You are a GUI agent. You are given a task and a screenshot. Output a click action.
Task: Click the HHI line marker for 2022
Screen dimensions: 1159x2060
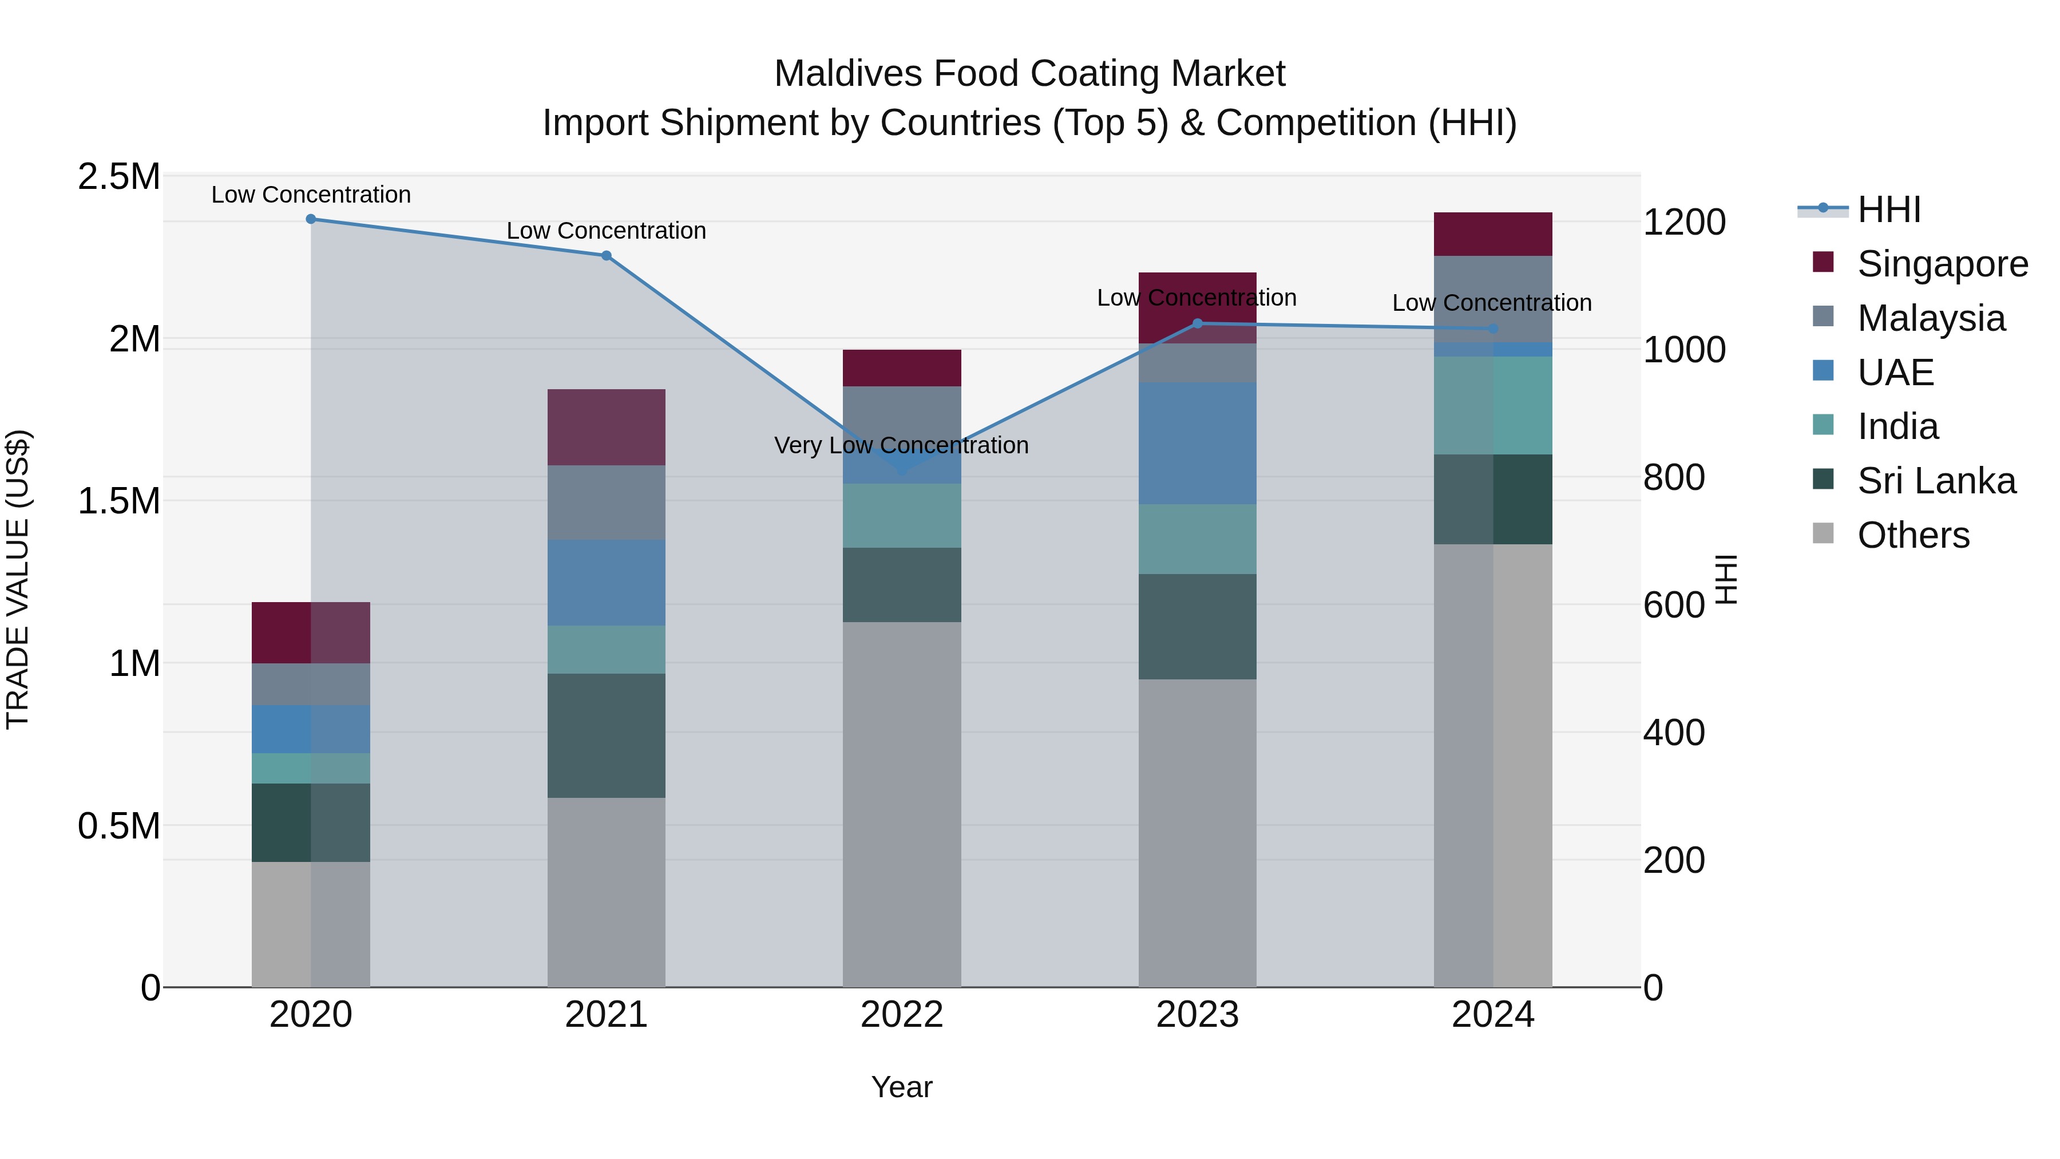tap(902, 470)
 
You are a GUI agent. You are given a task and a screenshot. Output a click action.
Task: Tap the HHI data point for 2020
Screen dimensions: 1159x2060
tap(311, 219)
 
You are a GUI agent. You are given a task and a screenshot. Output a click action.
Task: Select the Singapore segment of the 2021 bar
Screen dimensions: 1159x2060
tap(606, 427)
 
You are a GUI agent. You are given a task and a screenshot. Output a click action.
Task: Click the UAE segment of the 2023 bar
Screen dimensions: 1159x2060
tap(1197, 443)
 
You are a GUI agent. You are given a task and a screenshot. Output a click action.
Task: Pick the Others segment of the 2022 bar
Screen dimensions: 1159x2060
tap(902, 804)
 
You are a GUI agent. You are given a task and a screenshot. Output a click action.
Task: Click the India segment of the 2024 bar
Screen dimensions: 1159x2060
tap(1493, 406)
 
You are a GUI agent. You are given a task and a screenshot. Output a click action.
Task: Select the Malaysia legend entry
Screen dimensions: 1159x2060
tap(1931, 318)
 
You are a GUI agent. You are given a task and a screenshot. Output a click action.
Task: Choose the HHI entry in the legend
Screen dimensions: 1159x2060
tap(1889, 209)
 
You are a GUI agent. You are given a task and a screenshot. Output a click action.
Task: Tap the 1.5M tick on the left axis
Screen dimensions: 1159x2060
tap(119, 501)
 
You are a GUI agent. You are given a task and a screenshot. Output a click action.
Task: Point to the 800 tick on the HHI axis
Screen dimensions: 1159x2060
tap(1674, 477)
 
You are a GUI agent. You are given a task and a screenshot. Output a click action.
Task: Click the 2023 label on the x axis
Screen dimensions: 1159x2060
tap(1197, 1015)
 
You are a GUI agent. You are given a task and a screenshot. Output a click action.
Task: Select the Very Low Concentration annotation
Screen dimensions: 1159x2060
tap(901, 445)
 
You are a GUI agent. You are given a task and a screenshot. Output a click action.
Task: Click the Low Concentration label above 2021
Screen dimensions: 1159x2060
tap(606, 231)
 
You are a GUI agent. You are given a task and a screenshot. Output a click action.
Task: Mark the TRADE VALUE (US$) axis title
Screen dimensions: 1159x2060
tap(18, 579)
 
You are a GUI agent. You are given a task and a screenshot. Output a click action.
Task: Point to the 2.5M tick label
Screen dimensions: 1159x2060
tap(119, 177)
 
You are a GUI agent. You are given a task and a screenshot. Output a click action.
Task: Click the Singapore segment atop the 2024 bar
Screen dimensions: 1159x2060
tap(1493, 234)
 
